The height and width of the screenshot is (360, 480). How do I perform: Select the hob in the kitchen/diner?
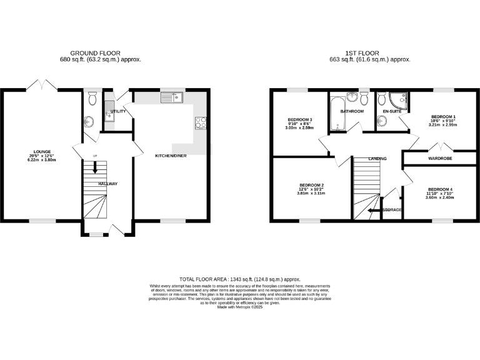click(x=201, y=122)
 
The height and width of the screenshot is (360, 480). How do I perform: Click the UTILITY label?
click(x=118, y=111)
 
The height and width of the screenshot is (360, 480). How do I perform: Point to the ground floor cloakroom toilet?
click(x=92, y=98)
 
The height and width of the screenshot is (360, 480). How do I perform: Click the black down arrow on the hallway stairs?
click(x=95, y=167)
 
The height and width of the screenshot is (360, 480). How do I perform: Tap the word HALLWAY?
click(x=107, y=184)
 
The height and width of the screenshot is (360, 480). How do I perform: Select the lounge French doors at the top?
click(x=41, y=84)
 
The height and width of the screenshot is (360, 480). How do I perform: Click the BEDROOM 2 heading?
click(x=311, y=185)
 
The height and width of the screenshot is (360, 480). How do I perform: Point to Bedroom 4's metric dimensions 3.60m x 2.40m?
click(x=440, y=197)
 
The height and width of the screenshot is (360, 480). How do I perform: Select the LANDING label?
click(x=377, y=159)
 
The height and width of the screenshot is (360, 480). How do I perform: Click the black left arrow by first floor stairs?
click(x=374, y=210)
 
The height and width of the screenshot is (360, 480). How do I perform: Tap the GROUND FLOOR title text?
click(x=95, y=53)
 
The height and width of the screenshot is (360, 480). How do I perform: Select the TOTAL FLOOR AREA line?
click(x=240, y=279)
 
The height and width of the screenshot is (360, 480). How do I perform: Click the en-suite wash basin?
click(x=382, y=121)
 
